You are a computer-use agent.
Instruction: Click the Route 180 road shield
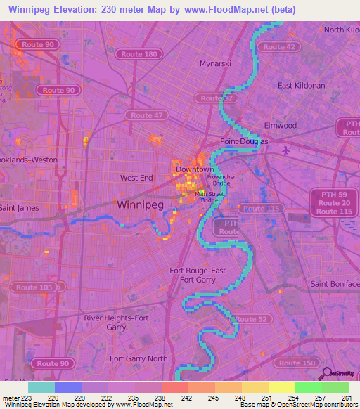pos(140,54)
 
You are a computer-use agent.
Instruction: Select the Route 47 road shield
pos(146,115)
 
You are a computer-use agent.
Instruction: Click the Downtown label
pos(194,170)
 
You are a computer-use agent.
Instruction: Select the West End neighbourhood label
pos(136,178)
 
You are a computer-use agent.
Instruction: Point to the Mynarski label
pos(215,63)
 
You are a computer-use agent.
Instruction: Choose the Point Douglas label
pos(244,141)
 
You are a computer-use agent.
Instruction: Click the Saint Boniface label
pos(335,283)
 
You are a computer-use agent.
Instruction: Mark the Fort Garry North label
pos(139,358)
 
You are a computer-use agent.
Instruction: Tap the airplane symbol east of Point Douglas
pos(285,150)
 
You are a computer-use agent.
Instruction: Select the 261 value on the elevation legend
pos(347,398)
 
